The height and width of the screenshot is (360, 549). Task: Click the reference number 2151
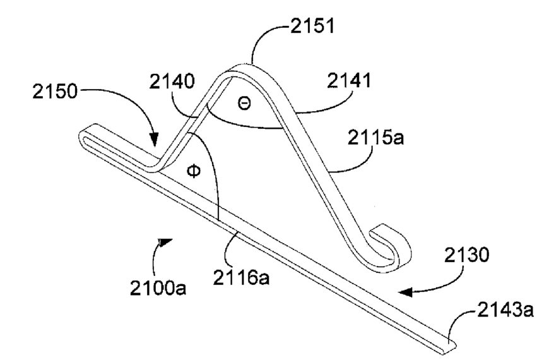(x=312, y=26)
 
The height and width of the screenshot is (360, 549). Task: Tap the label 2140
(x=172, y=81)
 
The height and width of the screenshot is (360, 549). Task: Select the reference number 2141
(x=349, y=80)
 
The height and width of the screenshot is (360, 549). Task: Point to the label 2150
(x=55, y=92)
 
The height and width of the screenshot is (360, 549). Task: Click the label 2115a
(x=375, y=137)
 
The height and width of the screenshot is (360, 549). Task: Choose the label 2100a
(x=158, y=289)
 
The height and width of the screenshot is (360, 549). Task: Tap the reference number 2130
(x=467, y=255)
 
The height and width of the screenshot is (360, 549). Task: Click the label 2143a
(x=505, y=310)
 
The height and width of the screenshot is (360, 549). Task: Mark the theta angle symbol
(x=244, y=104)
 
